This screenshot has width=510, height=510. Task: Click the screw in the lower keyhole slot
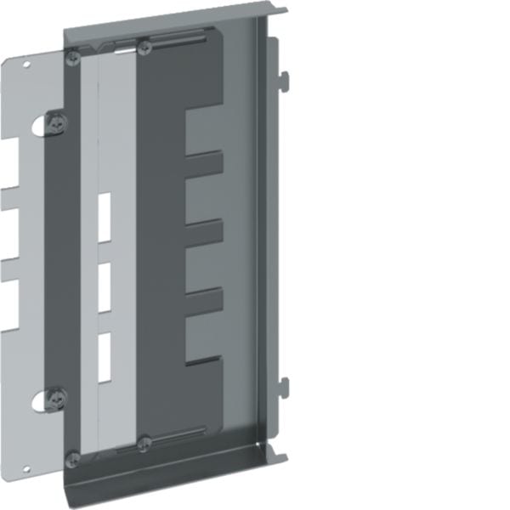coord(57,396)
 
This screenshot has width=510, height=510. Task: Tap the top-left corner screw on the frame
coord(74,57)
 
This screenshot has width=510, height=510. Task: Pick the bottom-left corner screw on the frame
coord(74,459)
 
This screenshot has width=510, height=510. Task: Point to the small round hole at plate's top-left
coord(25,65)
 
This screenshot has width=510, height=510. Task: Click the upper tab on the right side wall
coord(284,82)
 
